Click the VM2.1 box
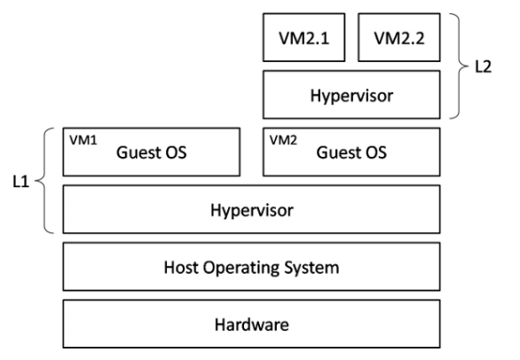pos(303,37)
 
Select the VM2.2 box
pos(399,37)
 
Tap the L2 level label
pos(484,67)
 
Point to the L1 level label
pos(21,182)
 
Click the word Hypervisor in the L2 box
pos(351,96)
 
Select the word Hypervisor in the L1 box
pos(252,210)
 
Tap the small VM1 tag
pos(83,140)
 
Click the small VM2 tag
pos(283,140)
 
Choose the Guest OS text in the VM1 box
pos(151,153)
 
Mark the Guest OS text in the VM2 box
pos(351,153)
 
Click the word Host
pos(181,267)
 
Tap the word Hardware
pos(252,325)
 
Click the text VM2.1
pos(303,38)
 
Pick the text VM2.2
pos(399,38)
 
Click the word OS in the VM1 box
pos(177,153)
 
